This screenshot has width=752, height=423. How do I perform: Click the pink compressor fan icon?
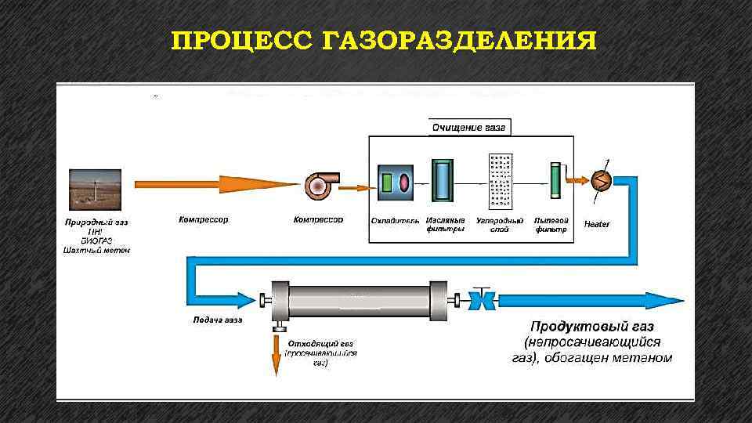pos(319,186)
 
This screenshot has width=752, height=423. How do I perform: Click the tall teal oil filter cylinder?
pos(443,183)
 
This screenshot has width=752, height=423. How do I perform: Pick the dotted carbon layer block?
pos(499,183)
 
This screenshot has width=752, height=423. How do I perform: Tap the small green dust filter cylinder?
pos(555,182)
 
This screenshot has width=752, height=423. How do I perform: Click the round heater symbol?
pos(601,179)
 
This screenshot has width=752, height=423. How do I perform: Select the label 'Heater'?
pos(597,225)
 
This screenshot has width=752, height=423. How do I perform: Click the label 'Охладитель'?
pos(396,220)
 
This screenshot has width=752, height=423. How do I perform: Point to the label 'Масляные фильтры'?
pos(445,225)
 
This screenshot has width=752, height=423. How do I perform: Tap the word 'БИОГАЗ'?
pos(96,240)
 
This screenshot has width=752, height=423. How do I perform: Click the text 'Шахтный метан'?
pos(96,251)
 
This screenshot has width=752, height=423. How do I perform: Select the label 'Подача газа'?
pos(218,320)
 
